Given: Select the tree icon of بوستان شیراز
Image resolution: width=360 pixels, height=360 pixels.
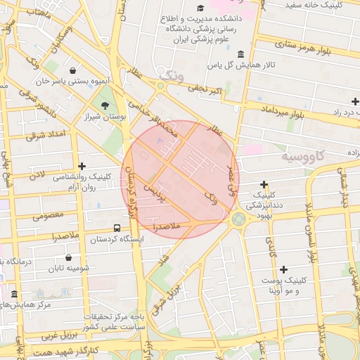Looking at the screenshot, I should (105, 105).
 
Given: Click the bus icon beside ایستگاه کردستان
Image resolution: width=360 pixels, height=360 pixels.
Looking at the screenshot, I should (117, 228).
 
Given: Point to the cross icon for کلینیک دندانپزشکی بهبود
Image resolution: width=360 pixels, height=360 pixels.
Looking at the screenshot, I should (264, 184).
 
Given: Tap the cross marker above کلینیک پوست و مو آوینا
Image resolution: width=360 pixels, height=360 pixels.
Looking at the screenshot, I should (283, 269).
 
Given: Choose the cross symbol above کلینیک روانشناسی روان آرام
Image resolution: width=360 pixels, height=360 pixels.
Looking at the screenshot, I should (82, 167).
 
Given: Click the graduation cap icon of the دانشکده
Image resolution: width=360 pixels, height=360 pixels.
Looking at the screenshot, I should (202, 8).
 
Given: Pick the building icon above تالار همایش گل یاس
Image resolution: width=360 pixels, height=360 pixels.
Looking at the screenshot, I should (241, 54).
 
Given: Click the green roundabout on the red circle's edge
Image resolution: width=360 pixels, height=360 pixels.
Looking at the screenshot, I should (238, 219).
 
